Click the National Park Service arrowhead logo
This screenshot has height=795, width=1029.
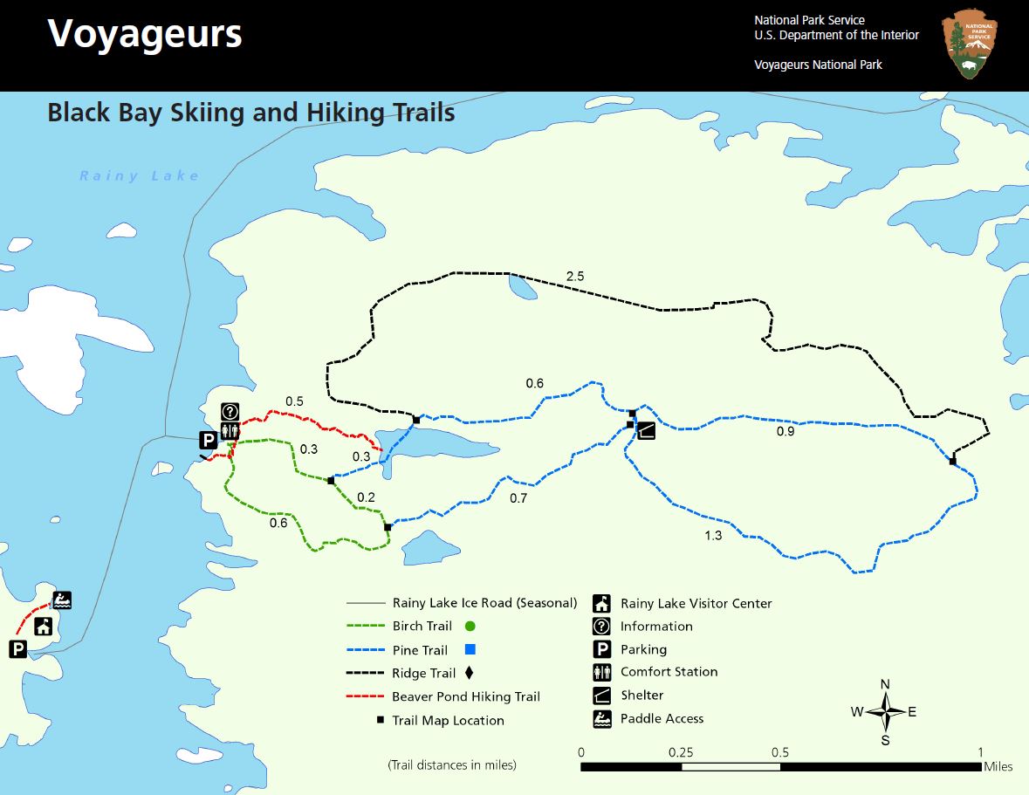tap(970, 44)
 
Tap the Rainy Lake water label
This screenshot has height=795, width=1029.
tap(140, 175)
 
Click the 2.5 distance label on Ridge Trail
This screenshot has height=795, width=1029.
tap(574, 277)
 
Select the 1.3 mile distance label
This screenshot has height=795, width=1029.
tap(713, 535)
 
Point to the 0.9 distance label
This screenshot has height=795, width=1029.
tap(785, 430)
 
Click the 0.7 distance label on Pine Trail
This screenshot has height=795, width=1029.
tap(518, 498)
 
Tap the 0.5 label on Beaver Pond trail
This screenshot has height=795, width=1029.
tap(294, 401)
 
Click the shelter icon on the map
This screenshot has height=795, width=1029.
tap(646, 429)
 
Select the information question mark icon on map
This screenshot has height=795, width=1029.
tap(230, 411)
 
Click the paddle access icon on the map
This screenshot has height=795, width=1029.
tap(62, 600)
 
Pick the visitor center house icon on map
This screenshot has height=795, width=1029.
tap(44, 626)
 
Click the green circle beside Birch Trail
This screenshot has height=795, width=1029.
tap(470, 626)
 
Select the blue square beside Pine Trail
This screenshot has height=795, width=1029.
tap(470, 649)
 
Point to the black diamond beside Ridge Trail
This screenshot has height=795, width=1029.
tap(470, 673)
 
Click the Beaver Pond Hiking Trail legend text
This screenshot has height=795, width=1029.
tap(465, 696)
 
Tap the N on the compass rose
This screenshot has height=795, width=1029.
tap(885, 683)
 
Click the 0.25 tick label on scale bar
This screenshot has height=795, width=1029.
tap(681, 752)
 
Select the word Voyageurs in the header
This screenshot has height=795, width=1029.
tap(144, 33)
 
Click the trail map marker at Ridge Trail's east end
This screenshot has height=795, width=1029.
tap(952, 461)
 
